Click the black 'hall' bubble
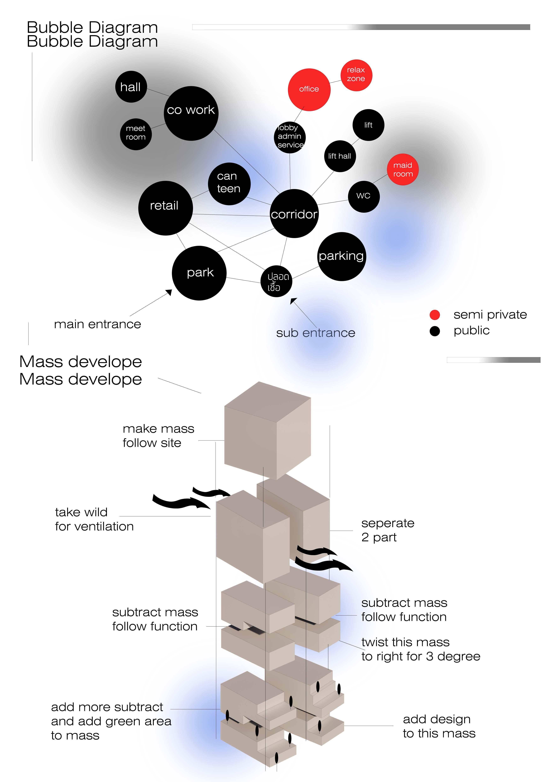(x=131, y=87)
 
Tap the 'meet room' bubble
(x=136, y=134)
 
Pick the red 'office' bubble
(x=309, y=90)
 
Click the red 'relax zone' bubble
(x=356, y=75)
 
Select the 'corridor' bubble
(x=294, y=213)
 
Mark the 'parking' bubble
(x=341, y=257)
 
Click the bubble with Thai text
(x=276, y=281)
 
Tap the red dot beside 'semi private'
(x=434, y=315)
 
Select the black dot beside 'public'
(x=434, y=331)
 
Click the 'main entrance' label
(x=97, y=324)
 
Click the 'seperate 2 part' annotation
(x=387, y=530)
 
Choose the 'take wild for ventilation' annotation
(x=94, y=519)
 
